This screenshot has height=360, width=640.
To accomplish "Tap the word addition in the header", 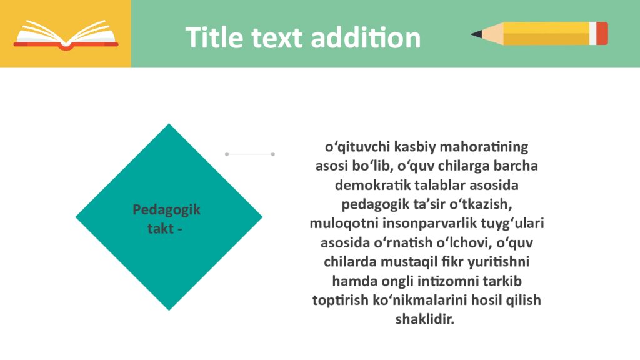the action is click(x=366, y=37).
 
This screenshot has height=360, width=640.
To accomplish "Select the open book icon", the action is click(x=66, y=35).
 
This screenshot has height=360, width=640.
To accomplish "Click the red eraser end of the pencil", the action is click(x=602, y=34).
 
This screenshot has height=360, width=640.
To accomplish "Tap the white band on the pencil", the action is click(x=592, y=34).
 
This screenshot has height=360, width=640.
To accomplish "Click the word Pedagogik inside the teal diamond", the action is click(x=166, y=210).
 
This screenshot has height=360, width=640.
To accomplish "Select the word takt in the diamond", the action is click(x=161, y=229).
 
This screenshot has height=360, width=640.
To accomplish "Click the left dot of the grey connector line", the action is click(x=227, y=154).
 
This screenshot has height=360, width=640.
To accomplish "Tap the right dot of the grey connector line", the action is click(x=272, y=154).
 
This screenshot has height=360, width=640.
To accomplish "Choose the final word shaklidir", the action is click(x=424, y=319).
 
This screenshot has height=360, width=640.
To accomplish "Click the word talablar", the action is click(x=440, y=185).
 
